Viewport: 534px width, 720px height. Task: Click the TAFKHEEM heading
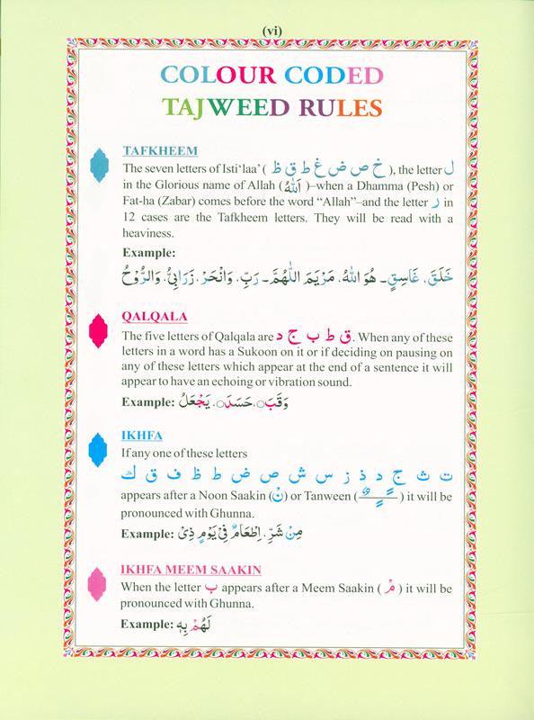pos(161,151)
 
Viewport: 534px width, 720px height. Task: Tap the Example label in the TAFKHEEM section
pos(152,254)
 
